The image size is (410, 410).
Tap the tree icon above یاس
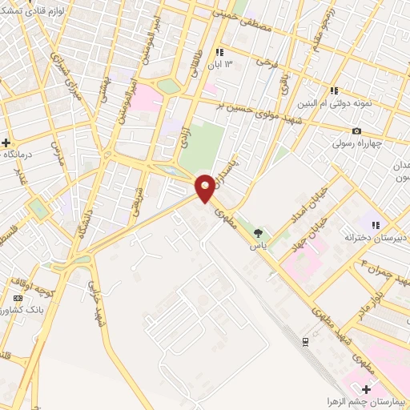point(258,233)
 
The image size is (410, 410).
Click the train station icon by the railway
point(305,342)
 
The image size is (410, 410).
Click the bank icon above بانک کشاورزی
point(18,299)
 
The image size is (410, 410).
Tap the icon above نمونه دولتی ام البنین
point(333,90)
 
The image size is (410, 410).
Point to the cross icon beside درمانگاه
point(6,142)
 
